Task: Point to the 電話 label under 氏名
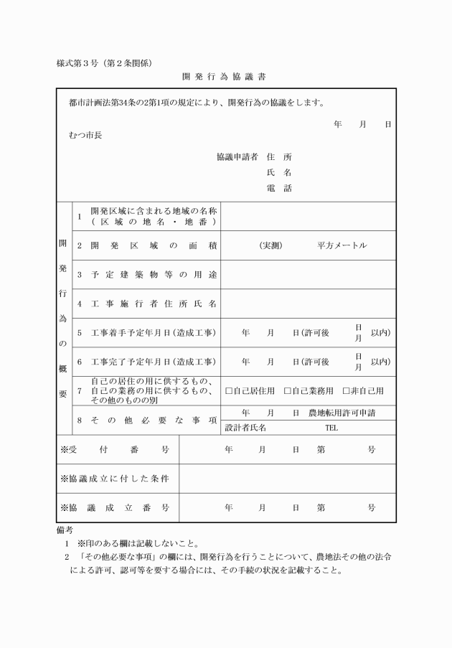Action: (x=278, y=189)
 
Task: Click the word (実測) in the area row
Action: (x=271, y=245)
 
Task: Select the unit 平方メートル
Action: (x=342, y=245)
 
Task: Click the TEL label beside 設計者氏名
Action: (x=331, y=428)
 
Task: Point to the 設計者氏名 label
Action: (x=245, y=428)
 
